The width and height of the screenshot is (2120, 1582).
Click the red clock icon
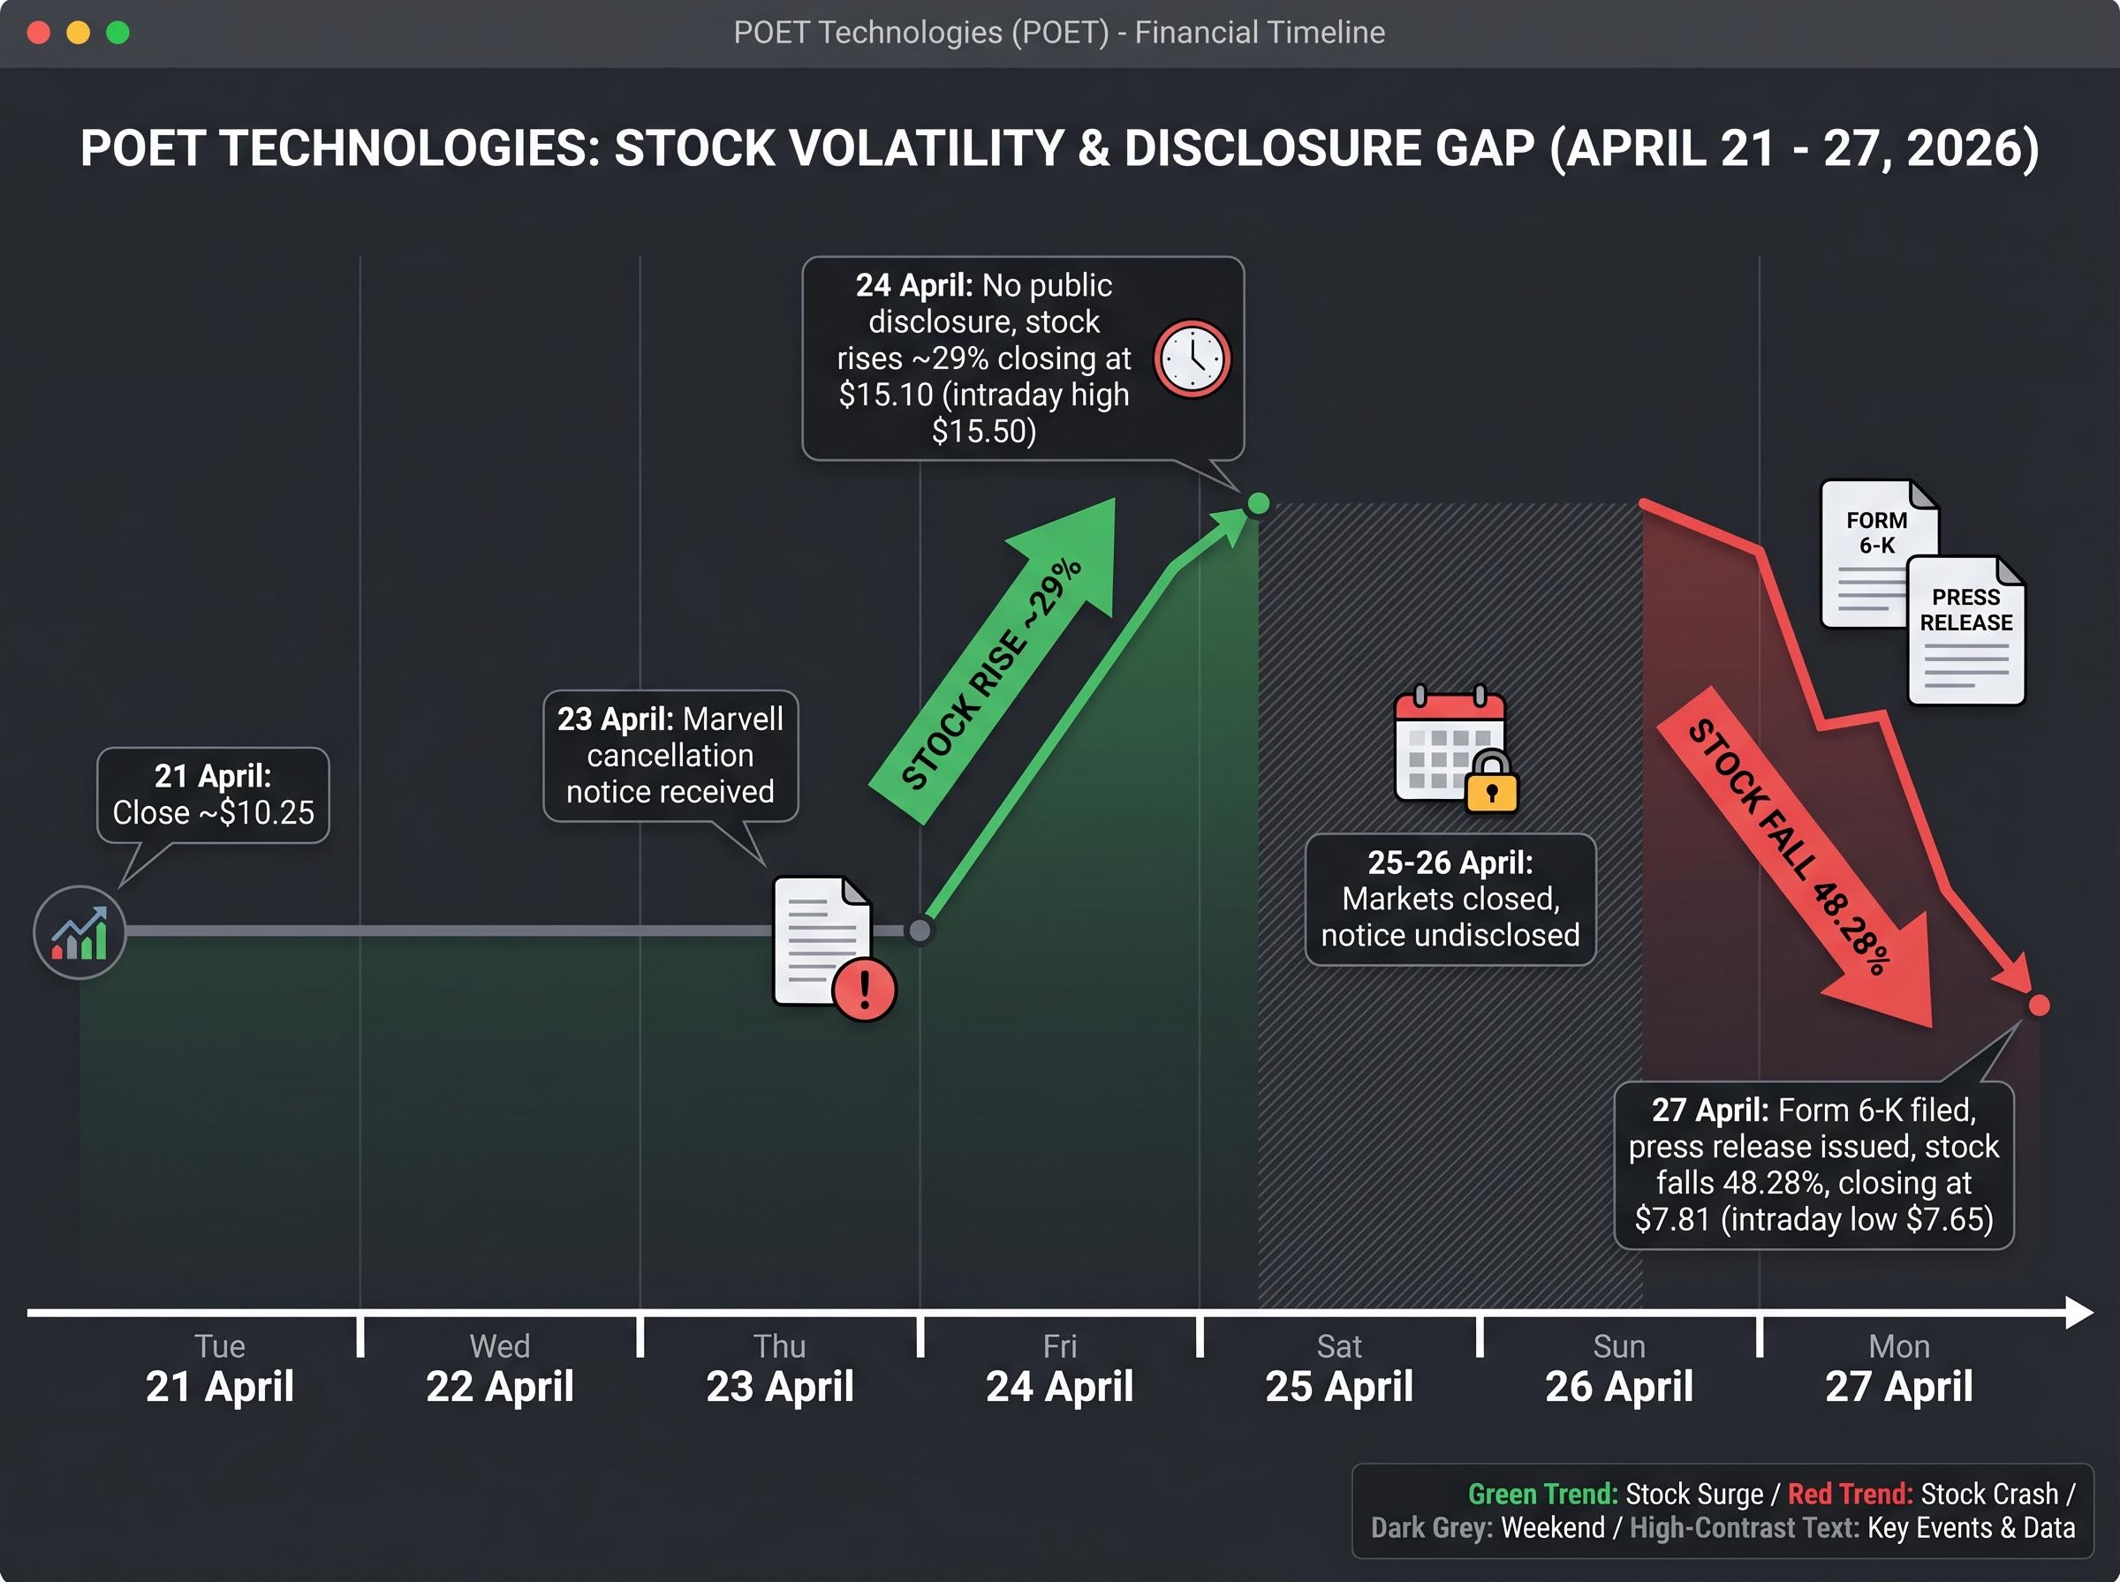pos(1192,359)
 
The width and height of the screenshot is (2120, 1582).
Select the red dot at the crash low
pos(2039,1006)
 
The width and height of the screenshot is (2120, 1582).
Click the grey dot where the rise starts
pos(920,930)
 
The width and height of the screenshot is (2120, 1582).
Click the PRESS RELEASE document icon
pos(1965,632)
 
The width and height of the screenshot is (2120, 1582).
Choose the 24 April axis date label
pos(1059,1386)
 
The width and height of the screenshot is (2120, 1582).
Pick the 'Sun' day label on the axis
pos(1619,1346)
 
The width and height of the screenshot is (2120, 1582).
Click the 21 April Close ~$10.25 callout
pos(213,795)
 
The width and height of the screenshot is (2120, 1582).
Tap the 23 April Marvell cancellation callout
pos(670,756)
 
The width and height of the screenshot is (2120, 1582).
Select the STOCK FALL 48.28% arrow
pos(1791,852)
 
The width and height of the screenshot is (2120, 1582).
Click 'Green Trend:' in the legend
pos(1542,1494)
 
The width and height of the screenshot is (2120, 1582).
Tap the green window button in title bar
pos(117,33)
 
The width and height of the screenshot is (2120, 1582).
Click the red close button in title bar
pos(39,33)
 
